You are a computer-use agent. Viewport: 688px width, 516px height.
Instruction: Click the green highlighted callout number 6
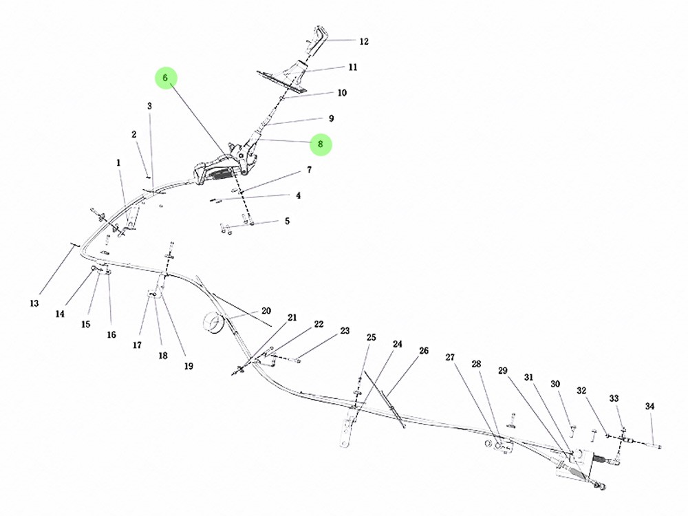tap(165, 78)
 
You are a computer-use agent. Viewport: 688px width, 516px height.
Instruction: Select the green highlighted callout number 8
tap(321, 144)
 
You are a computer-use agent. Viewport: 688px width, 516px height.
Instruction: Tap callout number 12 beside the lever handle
tap(364, 42)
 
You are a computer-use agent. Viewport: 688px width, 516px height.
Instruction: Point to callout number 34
tap(650, 407)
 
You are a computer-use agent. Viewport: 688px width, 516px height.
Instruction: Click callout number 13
tap(34, 303)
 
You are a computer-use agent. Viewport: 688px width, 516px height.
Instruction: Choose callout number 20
tap(266, 311)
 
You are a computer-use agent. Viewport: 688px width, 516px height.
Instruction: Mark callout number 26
tap(424, 351)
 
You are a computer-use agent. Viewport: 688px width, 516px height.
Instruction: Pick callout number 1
tap(118, 163)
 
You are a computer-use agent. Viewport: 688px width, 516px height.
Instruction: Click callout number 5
tap(288, 221)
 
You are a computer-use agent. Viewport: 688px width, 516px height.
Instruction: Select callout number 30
tap(555, 384)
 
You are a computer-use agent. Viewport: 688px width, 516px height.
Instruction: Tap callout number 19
tap(189, 366)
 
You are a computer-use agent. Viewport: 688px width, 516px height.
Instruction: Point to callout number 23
tap(345, 330)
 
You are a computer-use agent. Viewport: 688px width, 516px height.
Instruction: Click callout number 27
tap(450, 357)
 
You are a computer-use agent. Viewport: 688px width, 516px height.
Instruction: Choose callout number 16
tap(112, 335)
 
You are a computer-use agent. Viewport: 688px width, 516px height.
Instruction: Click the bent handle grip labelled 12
tap(317, 41)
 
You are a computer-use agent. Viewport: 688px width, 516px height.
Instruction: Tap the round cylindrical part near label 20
tap(214, 323)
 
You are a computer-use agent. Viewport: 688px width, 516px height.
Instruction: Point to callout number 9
tap(332, 118)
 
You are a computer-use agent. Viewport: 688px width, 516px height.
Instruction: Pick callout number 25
tap(372, 337)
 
